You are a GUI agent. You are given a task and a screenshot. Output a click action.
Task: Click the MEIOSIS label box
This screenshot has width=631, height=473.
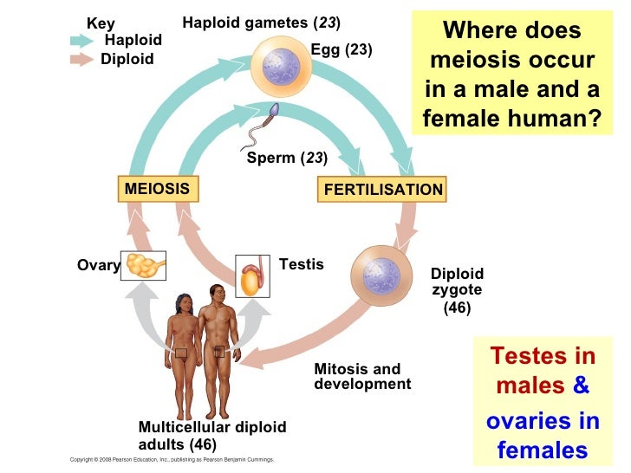click(157, 188)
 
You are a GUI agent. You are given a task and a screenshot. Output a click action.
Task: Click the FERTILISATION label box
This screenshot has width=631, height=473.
click(382, 190)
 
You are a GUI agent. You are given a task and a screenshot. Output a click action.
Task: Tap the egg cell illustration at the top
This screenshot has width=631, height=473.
click(279, 66)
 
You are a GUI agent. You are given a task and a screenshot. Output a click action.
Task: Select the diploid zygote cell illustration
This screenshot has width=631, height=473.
click(381, 276)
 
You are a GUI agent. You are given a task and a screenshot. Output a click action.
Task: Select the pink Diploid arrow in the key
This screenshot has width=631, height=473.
click(82, 60)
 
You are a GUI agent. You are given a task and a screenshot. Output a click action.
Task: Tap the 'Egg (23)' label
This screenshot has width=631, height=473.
click(342, 50)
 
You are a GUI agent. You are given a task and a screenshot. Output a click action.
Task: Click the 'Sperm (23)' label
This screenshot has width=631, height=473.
click(287, 158)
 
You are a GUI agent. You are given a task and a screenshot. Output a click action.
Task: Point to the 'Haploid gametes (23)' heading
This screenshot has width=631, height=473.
click(261, 21)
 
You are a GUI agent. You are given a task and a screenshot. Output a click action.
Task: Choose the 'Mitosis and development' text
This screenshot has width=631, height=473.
click(362, 377)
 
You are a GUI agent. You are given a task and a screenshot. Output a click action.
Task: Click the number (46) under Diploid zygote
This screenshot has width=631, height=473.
click(457, 308)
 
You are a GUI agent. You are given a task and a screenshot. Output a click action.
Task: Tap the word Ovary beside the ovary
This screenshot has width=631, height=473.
click(98, 266)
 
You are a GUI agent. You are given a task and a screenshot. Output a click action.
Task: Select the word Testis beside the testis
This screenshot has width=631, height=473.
click(302, 264)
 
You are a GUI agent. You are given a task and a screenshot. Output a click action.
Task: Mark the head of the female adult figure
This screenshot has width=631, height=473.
click(183, 303)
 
